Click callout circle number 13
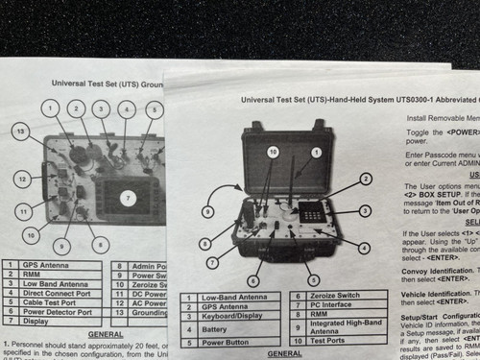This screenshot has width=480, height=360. click(x=19, y=130)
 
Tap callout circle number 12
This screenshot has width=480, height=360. click(x=20, y=179)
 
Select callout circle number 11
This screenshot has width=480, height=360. click(x=23, y=211)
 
